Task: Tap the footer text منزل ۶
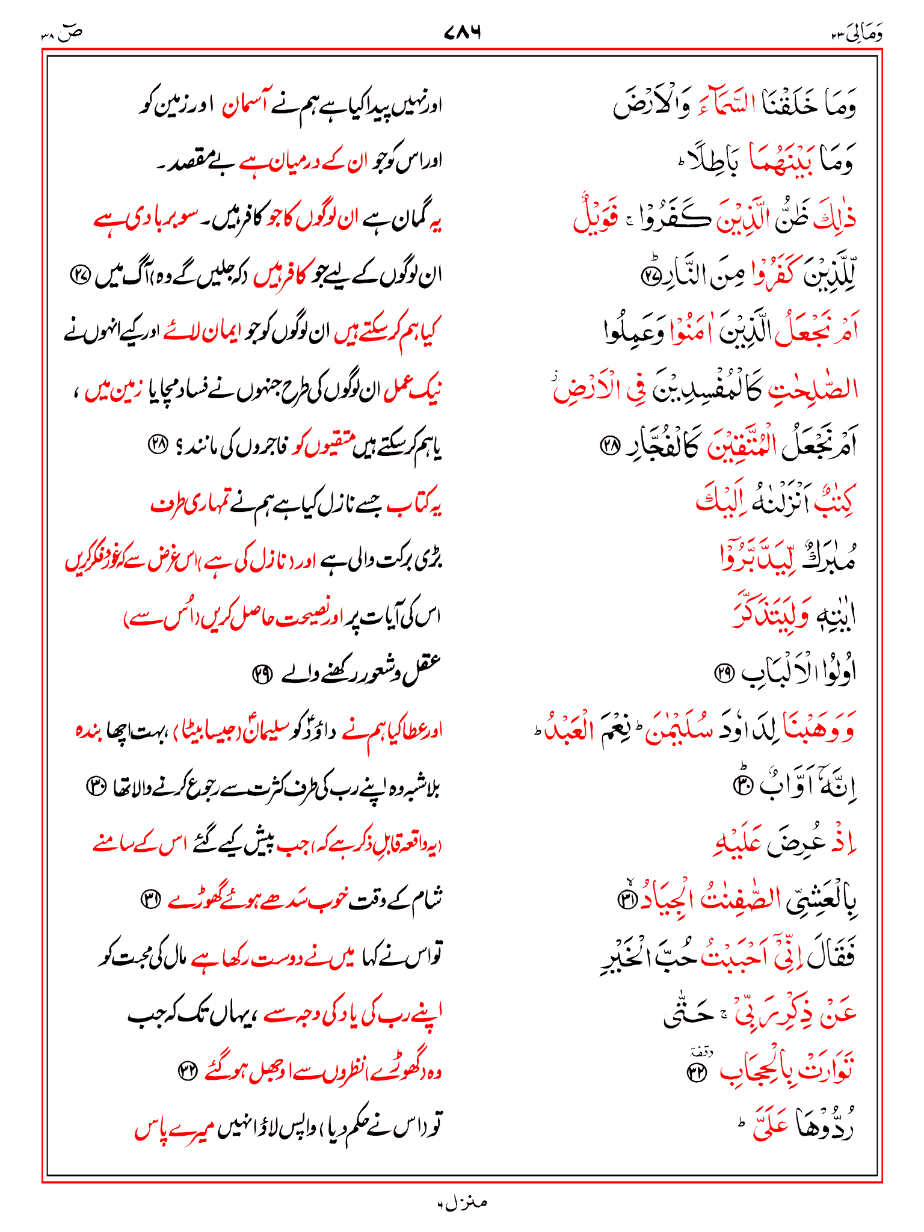click(462, 1203)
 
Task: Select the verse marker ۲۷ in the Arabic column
click(650, 276)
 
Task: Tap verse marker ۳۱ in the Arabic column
click(626, 900)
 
